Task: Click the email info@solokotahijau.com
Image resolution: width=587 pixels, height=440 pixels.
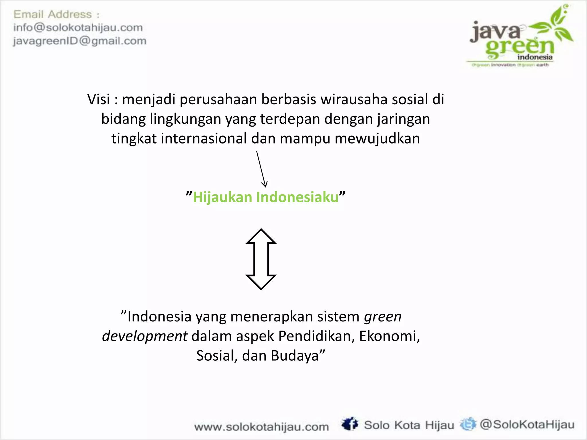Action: (x=78, y=28)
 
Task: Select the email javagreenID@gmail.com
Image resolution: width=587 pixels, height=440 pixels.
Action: (x=80, y=41)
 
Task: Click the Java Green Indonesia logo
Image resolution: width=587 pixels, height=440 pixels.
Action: (x=520, y=37)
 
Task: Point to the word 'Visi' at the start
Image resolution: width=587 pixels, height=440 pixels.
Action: (x=99, y=99)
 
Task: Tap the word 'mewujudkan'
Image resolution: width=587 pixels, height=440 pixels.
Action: (x=377, y=138)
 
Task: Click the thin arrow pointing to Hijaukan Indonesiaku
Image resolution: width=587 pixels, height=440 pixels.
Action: (x=261, y=169)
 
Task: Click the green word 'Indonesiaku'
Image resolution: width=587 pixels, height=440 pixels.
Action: (x=297, y=197)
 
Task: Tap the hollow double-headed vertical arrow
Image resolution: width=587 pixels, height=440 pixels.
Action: (x=261, y=259)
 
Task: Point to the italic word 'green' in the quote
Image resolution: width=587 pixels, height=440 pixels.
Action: (x=383, y=317)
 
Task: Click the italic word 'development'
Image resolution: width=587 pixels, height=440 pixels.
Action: (x=145, y=336)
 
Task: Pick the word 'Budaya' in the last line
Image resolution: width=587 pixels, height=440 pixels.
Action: (x=295, y=356)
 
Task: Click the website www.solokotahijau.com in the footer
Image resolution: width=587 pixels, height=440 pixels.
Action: (x=261, y=427)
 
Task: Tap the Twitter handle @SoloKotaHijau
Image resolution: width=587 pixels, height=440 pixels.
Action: (x=527, y=425)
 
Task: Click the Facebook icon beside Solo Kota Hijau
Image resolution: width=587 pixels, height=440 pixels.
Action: (x=350, y=424)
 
